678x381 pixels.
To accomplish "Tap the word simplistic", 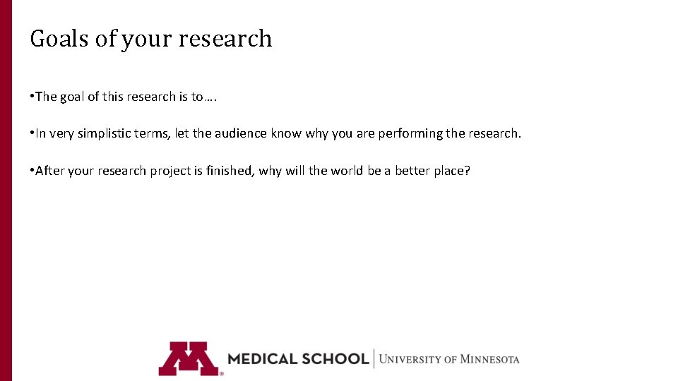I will pyautogui.click(x=103, y=133).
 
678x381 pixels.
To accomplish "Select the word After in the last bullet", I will pyautogui.click(x=50, y=170).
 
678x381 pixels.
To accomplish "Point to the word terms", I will pyautogui.click(x=153, y=133).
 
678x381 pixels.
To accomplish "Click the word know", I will pyautogui.click(x=286, y=133).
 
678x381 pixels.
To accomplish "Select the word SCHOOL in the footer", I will pyautogui.click(x=334, y=358).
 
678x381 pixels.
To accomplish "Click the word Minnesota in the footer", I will pyautogui.click(x=489, y=359).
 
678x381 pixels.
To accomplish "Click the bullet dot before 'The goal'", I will pyautogui.click(x=32, y=97).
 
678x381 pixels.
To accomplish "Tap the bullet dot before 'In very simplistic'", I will pyautogui.click(x=32, y=133).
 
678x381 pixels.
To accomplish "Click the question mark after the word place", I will pyautogui.click(x=466, y=170).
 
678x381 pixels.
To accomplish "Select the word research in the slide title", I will pyautogui.click(x=225, y=38).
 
